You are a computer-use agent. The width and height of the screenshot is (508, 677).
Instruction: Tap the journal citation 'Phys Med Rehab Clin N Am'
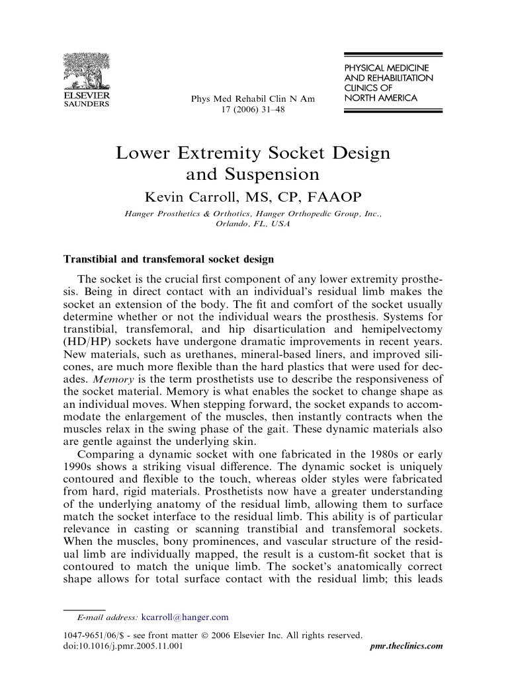click(x=253, y=99)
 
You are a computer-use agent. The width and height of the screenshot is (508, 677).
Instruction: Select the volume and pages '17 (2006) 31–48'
click(x=253, y=110)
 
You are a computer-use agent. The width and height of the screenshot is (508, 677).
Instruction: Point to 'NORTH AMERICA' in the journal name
click(x=380, y=99)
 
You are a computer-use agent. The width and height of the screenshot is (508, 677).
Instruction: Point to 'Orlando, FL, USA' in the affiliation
click(x=253, y=223)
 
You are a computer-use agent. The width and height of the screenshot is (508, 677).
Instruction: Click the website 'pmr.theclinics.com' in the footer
click(x=404, y=646)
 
